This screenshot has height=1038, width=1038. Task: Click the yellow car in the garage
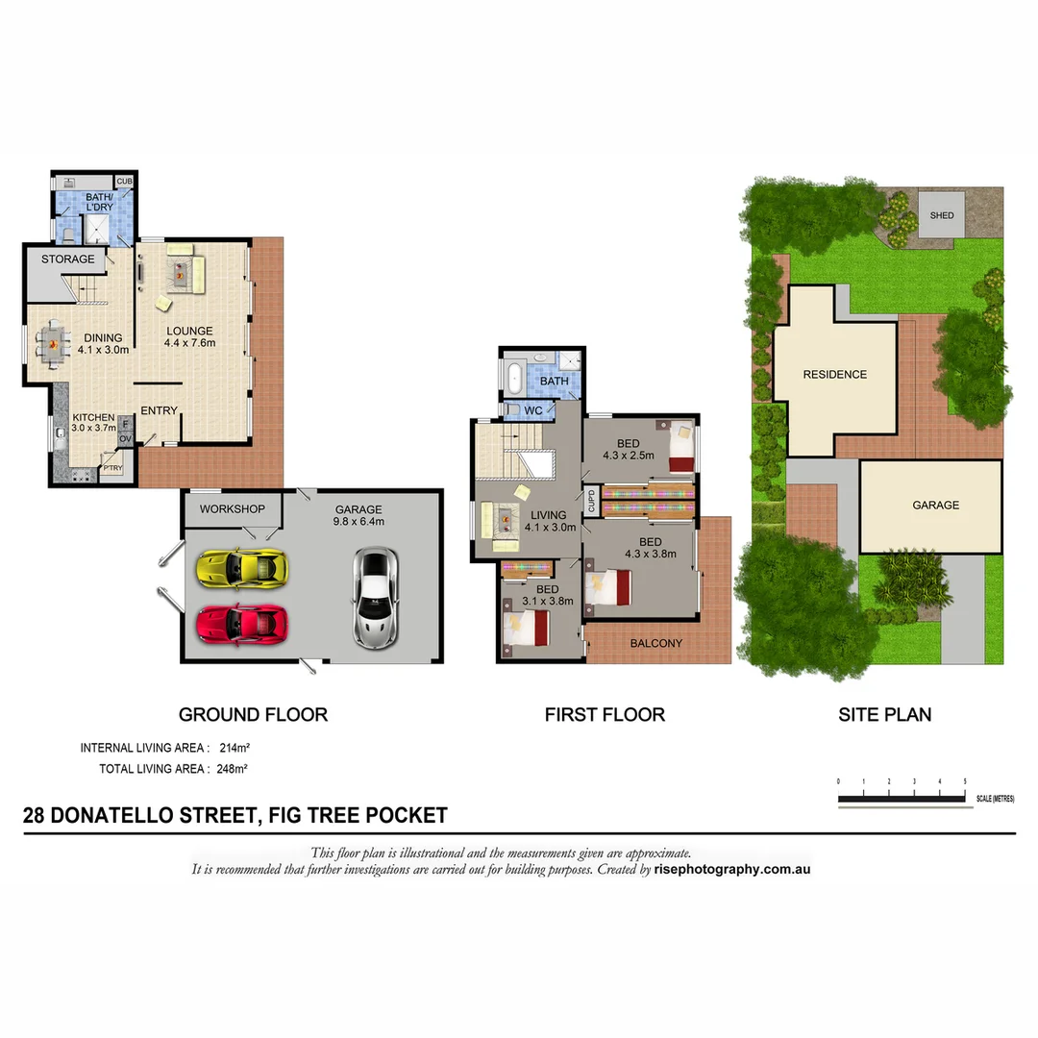(x=241, y=567)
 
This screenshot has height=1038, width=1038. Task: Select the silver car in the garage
(x=374, y=596)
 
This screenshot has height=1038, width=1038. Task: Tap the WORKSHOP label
(x=232, y=508)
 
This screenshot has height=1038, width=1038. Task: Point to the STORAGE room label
(x=68, y=259)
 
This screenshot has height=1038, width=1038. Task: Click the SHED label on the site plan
(x=942, y=215)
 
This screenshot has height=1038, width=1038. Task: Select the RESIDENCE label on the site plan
(x=835, y=375)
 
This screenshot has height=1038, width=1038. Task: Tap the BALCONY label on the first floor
(x=656, y=644)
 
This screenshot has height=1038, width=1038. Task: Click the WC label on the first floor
(x=533, y=410)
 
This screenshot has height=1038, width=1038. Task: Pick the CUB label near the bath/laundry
(x=124, y=182)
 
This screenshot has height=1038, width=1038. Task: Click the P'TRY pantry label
(x=112, y=469)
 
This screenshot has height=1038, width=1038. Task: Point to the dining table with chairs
(x=53, y=341)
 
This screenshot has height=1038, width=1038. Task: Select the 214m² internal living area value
(x=235, y=748)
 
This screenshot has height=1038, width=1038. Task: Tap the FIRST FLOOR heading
(x=605, y=715)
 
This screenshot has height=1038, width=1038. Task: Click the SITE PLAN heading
(x=884, y=715)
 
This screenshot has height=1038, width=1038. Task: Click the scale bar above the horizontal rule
(x=902, y=799)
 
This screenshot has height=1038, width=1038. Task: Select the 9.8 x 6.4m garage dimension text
(x=358, y=522)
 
